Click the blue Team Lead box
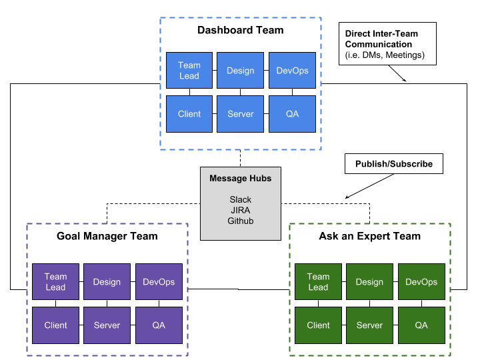pyautogui.click(x=189, y=71)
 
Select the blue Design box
pyautogui.click(x=241, y=71)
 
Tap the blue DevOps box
pyautogui.click(x=292, y=71)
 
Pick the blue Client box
pyautogui.click(x=189, y=114)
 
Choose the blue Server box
pyautogui.click(x=241, y=114)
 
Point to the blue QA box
pyautogui.click(x=292, y=114)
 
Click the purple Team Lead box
pyautogui.click(x=55, y=282)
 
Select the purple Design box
pyautogui.click(x=107, y=282)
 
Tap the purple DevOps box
pyautogui.click(x=159, y=282)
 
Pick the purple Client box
pyautogui.click(x=55, y=325)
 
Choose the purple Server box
pyautogui.click(x=107, y=325)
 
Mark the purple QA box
pyautogui.click(x=159, y=325)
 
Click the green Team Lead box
pyautogui.click(x=318, y=282)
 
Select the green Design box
pyautogui.click(x=369, y=282)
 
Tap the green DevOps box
pyautogui.click(x=421, y=282)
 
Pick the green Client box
pyautogui.click(x=318, y=325)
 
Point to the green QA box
pyautogui.click(x=421, y=325)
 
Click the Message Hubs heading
pyautogui.click(x=241, y=178)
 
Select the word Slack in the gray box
pyautogui.click(x=241, y=199)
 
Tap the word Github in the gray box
pyautogui.click(x=241, y=221)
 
